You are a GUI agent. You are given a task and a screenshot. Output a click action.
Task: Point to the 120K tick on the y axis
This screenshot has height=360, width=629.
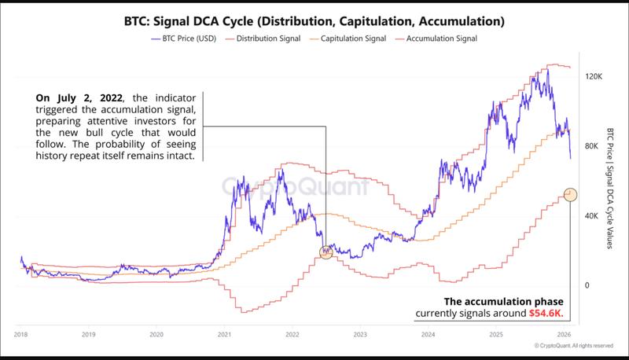coord(593,77)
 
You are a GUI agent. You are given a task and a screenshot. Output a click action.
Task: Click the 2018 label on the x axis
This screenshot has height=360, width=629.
coord(20,334)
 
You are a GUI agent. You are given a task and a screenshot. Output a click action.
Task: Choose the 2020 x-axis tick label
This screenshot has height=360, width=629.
coord(156,334)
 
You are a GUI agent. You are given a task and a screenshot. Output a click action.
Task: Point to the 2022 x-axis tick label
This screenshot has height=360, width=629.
coord(292,334)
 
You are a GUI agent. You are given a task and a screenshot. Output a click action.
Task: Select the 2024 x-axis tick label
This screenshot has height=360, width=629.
coord(428,334)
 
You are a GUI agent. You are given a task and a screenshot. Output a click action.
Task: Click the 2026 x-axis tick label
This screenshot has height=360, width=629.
coord(564,334)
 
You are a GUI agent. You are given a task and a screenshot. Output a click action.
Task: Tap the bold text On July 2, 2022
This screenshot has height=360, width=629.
coord(76,97)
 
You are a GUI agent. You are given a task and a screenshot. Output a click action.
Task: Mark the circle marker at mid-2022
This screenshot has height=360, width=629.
coord(326,252)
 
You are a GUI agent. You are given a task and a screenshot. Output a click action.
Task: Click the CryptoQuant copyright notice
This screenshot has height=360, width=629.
coord(573,345)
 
